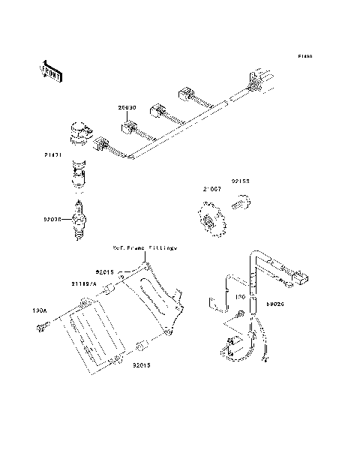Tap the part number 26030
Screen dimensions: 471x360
(126, 108)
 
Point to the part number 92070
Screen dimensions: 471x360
(52, 220)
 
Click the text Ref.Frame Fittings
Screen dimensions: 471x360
(144, 246)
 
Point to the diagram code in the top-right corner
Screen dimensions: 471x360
(304, 57)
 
